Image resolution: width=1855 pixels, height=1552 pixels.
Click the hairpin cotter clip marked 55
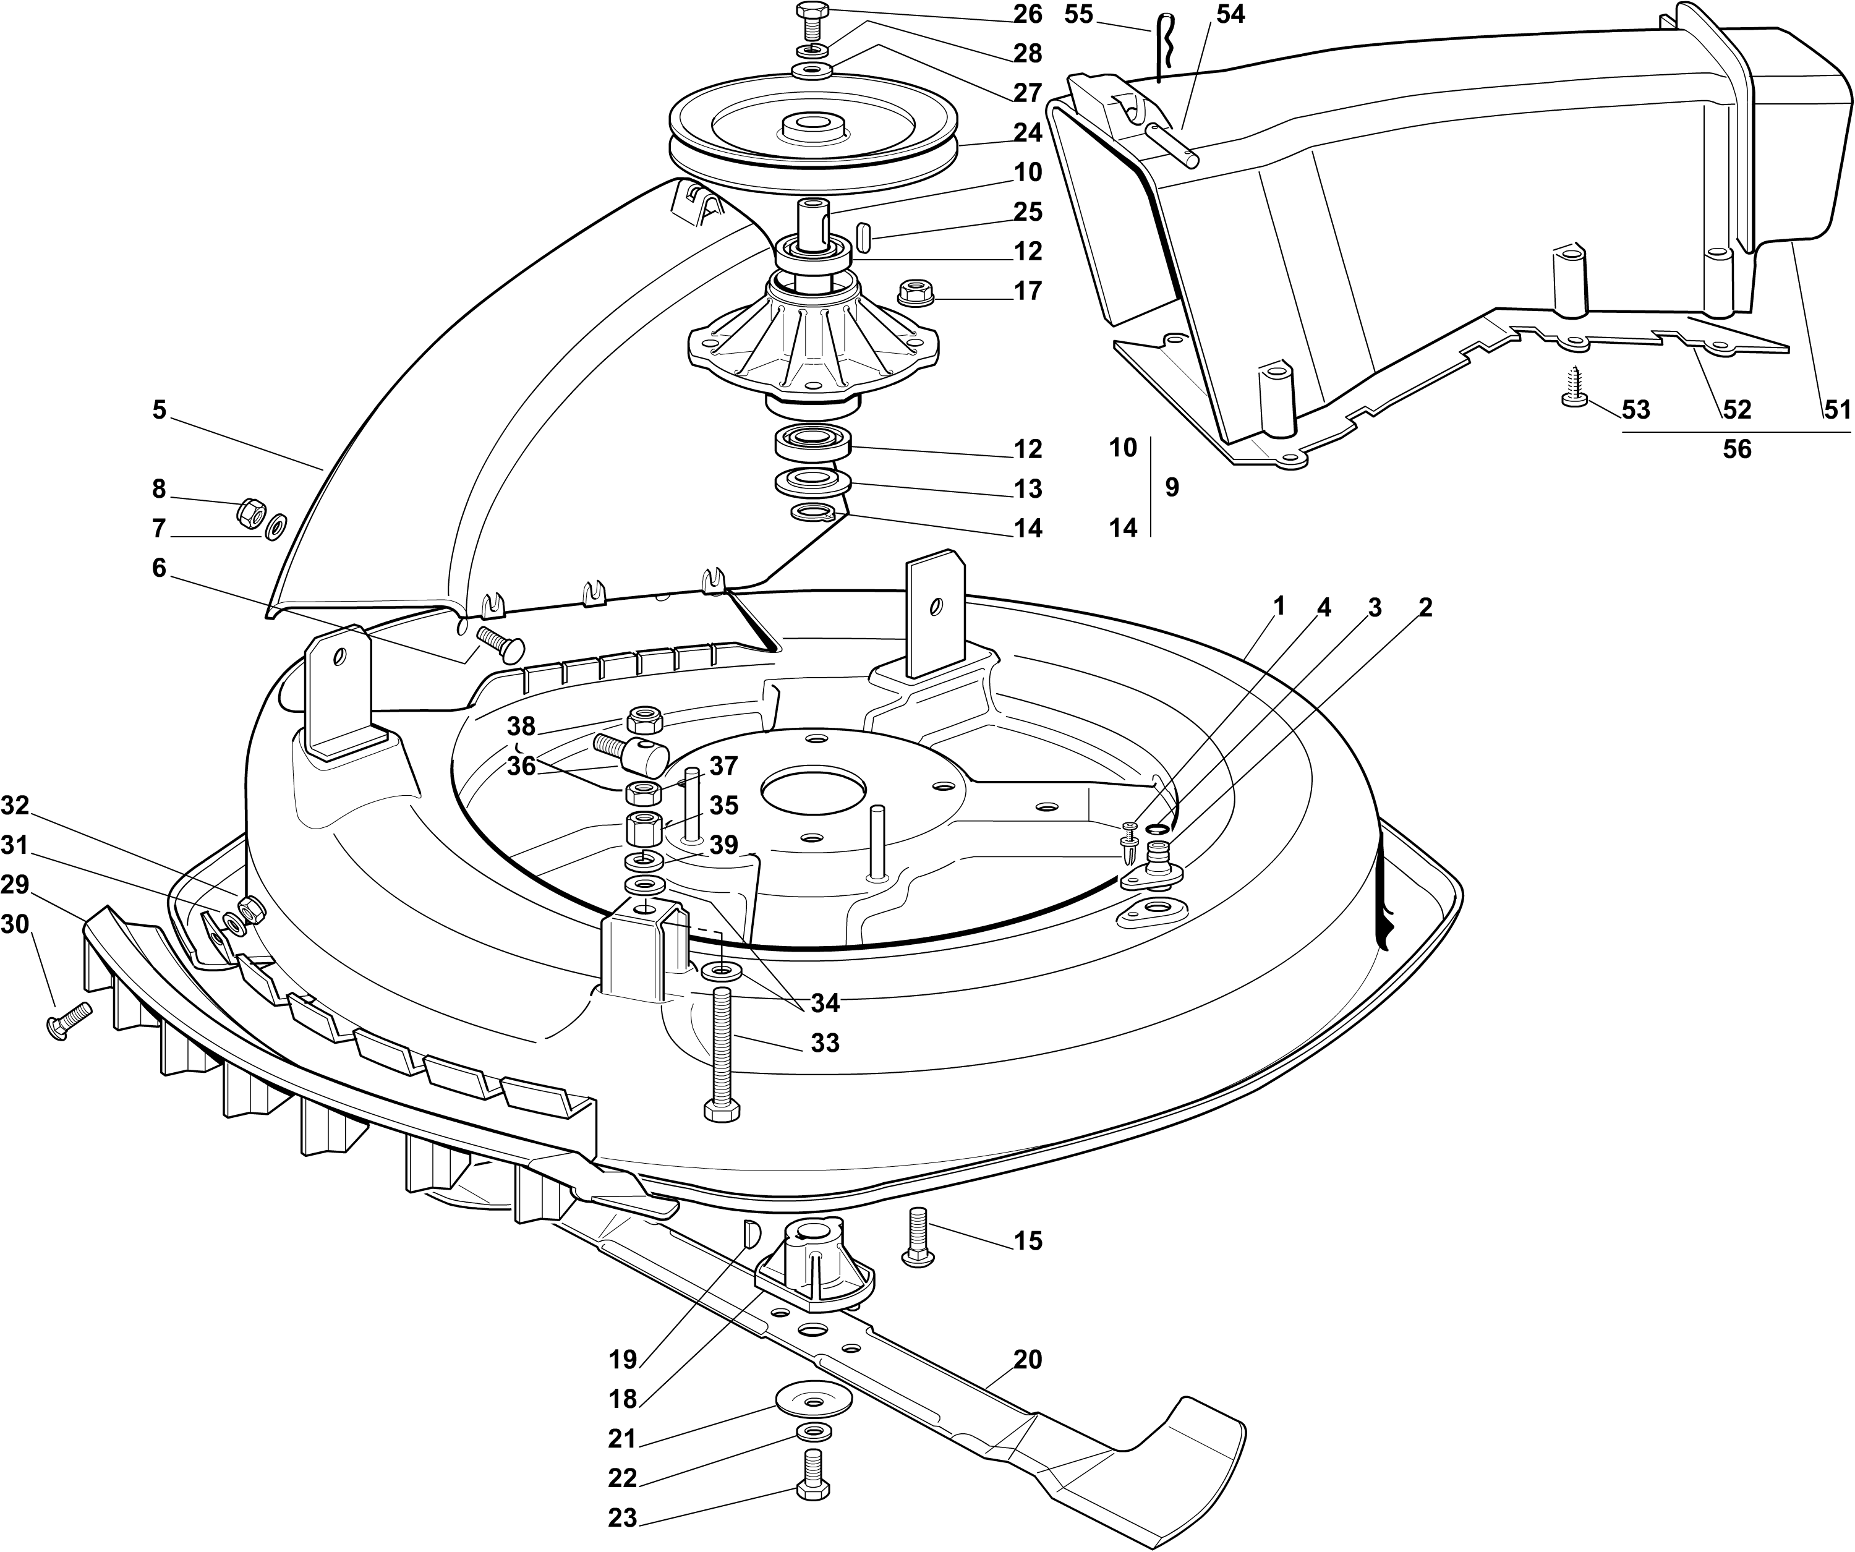coord(1162,49)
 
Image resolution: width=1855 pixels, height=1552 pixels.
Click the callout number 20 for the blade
coord(1027,1360)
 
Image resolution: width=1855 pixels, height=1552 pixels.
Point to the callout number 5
coord(159,410)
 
